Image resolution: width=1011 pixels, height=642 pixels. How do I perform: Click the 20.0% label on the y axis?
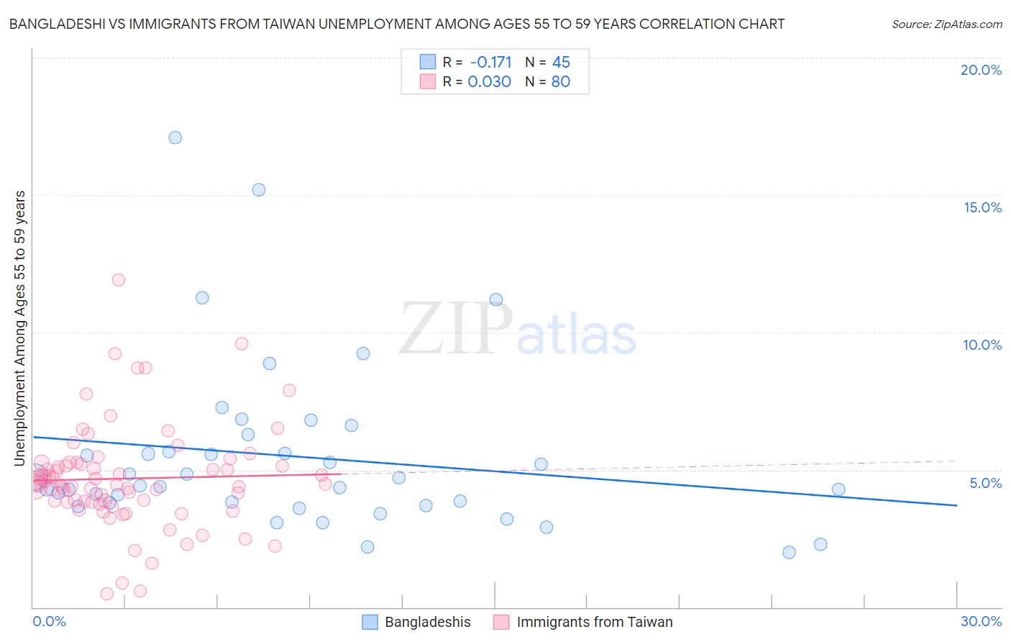(981, 70)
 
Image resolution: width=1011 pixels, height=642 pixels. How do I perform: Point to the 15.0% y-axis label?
(982, 207)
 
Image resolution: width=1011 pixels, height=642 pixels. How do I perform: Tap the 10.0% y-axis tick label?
(982, 345)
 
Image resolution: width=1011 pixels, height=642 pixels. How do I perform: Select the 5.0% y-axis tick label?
(985, 483)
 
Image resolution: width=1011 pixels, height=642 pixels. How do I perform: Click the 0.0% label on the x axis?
(49, 621)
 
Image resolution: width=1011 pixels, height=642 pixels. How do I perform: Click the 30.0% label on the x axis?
(981, 621)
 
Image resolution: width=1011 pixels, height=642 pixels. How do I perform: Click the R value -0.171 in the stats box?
(490, 63)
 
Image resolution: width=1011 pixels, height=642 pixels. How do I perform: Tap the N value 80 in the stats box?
(560, 82)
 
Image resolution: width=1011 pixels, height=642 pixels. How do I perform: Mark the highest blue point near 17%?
(175, 137)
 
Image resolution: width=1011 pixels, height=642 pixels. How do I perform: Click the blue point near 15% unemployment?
(259, 190)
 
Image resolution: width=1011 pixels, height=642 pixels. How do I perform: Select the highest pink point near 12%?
(119, 279)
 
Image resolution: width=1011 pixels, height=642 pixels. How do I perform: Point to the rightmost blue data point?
(838, 489)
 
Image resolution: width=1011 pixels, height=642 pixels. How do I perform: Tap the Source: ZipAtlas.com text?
(946, 24)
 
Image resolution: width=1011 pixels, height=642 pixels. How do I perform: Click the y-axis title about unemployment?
(19, 328)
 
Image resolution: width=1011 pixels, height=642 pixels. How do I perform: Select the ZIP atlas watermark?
(518, 330)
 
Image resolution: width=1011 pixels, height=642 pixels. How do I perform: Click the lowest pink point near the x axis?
(107, 594)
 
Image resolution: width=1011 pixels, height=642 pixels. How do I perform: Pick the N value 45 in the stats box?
(561, 63)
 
